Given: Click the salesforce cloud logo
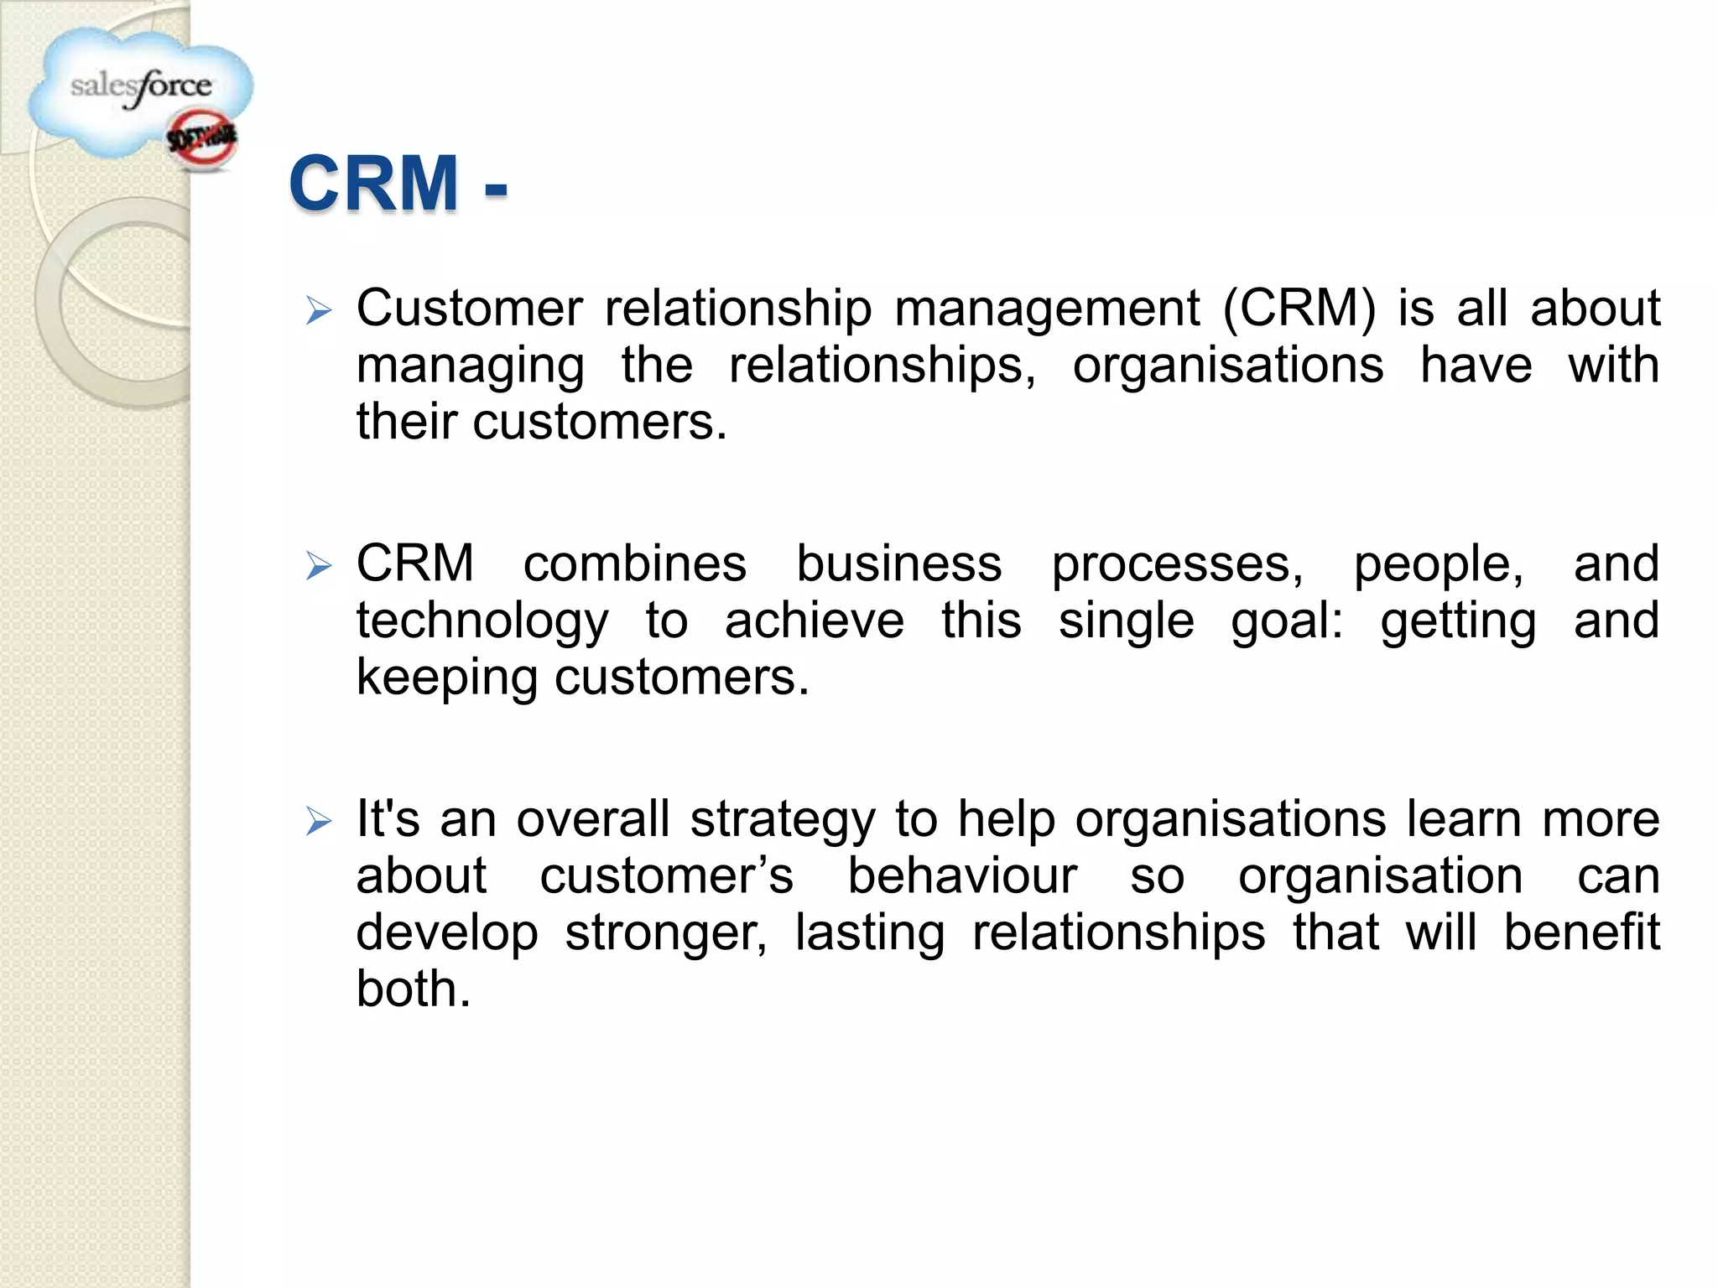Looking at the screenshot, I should [138, 91].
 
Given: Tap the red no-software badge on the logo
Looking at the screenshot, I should [202, 140].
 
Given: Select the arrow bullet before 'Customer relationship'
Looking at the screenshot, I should [319, 311].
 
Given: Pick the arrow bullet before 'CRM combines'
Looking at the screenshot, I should [319, 566].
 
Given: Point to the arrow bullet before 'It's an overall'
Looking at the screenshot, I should [319, 821].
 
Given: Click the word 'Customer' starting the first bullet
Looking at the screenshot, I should [469, 308].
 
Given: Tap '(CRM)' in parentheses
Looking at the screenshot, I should [1299, 308].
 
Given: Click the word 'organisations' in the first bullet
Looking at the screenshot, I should [1227, 365].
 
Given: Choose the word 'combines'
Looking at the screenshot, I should [634, 563].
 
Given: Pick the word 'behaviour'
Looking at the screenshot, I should [961, 875].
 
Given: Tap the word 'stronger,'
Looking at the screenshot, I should [666, 933].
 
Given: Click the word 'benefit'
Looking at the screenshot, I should [1580, 932].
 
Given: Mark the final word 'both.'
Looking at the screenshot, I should [414, 989].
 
